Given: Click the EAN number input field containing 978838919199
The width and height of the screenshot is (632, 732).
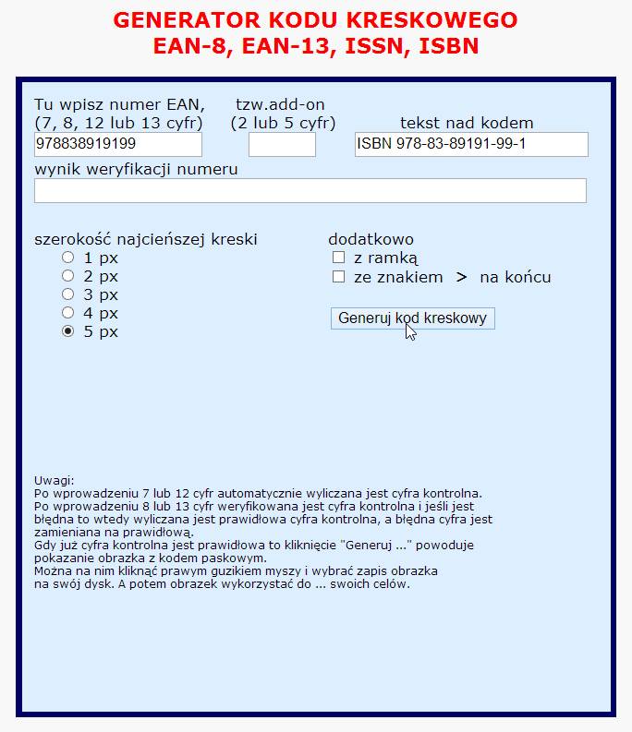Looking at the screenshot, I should tap(117, 144).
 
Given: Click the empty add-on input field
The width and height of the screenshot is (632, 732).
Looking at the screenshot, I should tap(282, 145).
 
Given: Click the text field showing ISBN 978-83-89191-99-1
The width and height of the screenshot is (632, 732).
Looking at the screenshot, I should tap(471, 145).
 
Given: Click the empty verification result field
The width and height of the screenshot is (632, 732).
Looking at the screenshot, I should tap(310, 190).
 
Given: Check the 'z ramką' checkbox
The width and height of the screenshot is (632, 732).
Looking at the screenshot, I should tap(338, 258).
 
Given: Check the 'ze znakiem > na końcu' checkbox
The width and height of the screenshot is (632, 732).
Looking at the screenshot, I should tap(338, 277).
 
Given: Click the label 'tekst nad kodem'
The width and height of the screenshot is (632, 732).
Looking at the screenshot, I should tap(467, 123).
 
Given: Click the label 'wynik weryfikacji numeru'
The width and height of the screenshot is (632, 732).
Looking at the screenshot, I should tap(136, 169).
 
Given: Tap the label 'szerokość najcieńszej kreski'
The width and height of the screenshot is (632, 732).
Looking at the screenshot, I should tap(146, 239).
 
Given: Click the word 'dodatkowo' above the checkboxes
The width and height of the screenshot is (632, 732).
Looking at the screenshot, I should tap(371, 239).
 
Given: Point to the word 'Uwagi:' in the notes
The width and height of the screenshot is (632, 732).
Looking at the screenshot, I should tap(54, 481).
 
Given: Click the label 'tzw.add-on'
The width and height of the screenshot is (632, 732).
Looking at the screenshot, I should tap(281, 104).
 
